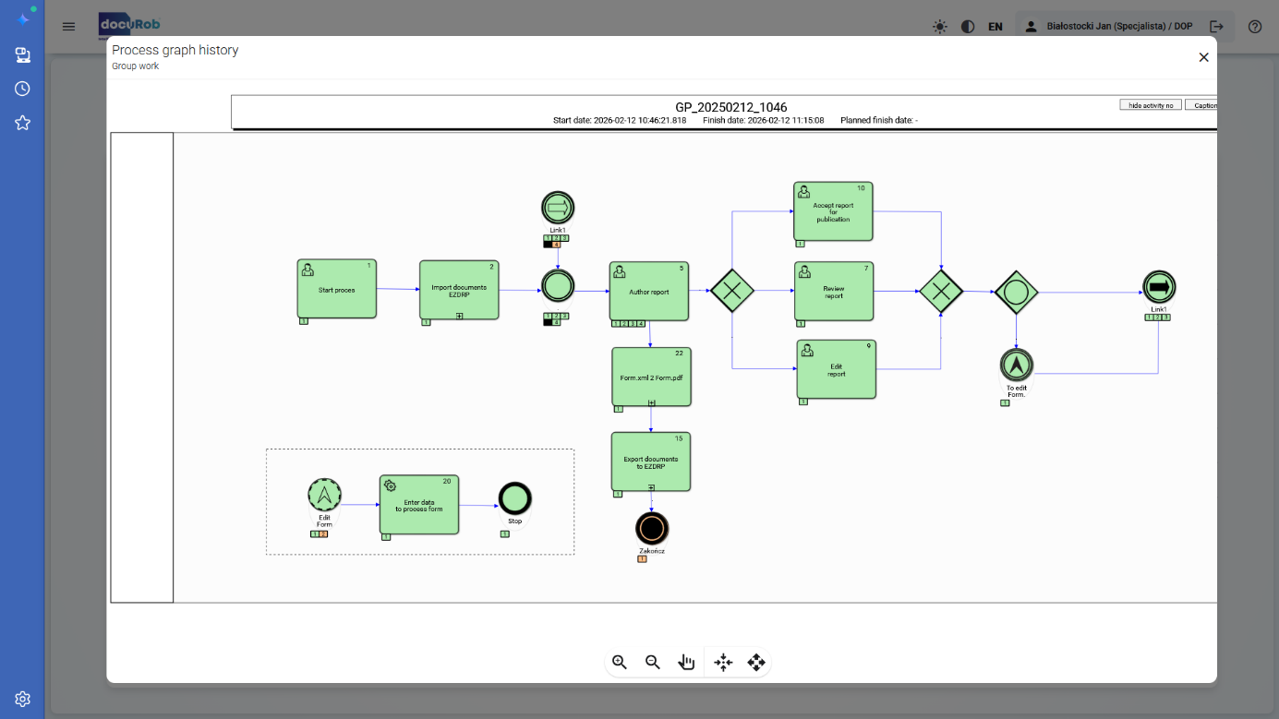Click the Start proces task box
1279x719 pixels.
coord(337,289)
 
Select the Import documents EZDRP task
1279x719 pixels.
coord(459,290)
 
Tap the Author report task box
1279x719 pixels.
coord(649,291)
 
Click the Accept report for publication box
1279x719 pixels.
coord(833,211)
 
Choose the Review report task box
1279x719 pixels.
coord(834,291)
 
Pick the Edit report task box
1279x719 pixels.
coord(837,369)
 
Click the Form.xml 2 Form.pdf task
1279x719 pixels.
coord(651,377)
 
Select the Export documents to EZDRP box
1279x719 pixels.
coord(651,461)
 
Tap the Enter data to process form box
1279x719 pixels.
coord(419,505)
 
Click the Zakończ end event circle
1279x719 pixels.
coord(652,529)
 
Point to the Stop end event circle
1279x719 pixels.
coord(515,499)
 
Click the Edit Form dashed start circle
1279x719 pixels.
coord(324,496)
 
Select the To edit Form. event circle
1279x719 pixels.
coord(1017,365)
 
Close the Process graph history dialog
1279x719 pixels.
coord(1203,57)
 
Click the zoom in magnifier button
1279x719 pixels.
coord(620,662)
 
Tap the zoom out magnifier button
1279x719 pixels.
coord(653,662)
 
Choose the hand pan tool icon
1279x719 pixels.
coord(686,662)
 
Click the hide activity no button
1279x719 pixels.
coord(1151,105)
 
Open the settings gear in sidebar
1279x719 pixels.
coord(23,699)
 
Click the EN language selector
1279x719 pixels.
coord(995,27)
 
